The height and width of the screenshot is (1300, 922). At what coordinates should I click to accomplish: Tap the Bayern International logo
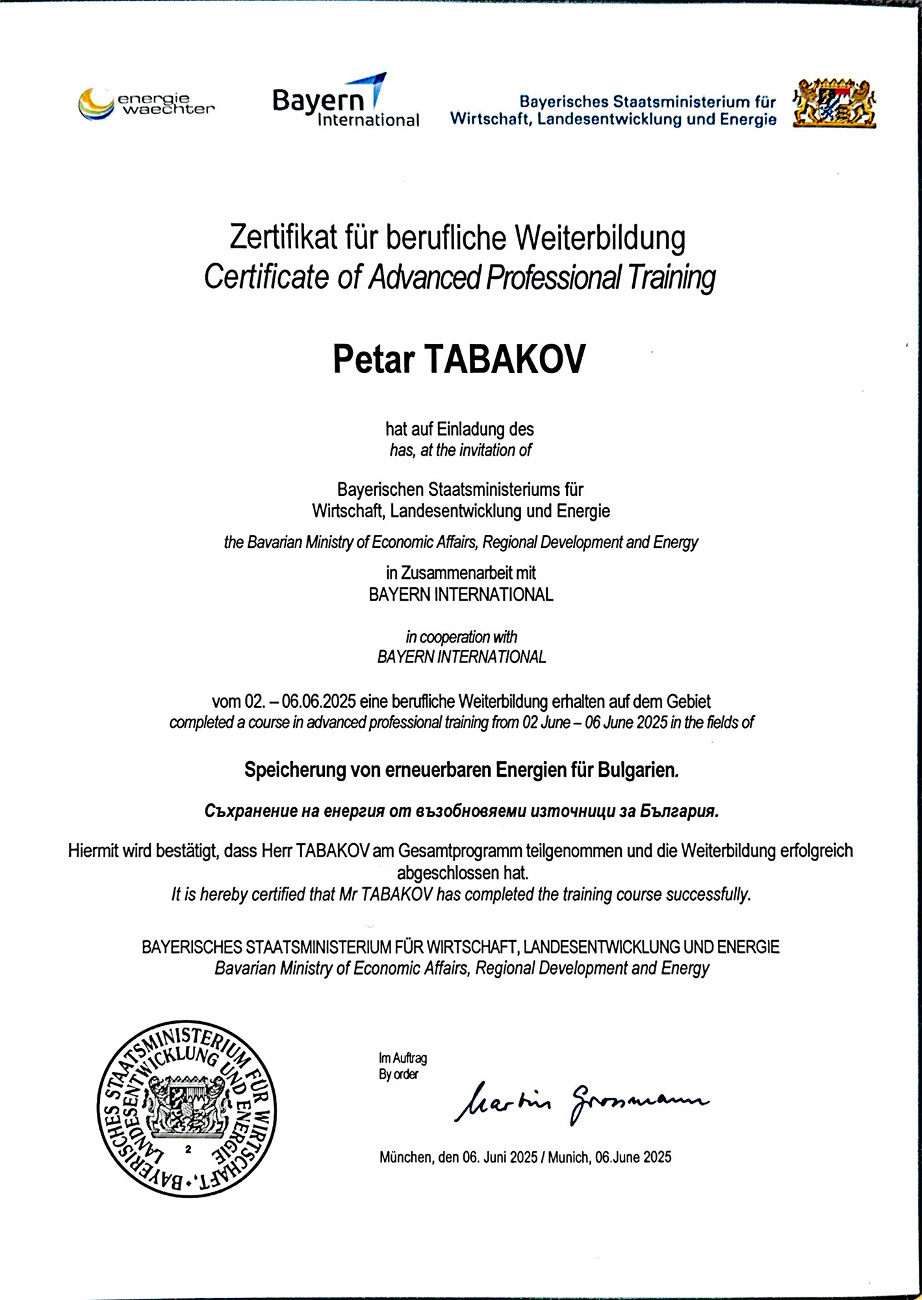point(345,101)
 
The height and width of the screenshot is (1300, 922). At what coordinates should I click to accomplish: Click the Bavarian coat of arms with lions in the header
point(834,103)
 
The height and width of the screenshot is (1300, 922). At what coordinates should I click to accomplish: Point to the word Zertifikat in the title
point(283,238)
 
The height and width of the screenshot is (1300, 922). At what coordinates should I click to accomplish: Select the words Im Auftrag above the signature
point(403,1058)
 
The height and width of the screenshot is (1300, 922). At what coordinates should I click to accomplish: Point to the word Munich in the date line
point(569,1157)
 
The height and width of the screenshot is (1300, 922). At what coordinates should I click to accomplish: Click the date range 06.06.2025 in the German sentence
point(318,702)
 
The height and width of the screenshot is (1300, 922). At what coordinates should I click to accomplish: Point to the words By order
point(399,1074)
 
